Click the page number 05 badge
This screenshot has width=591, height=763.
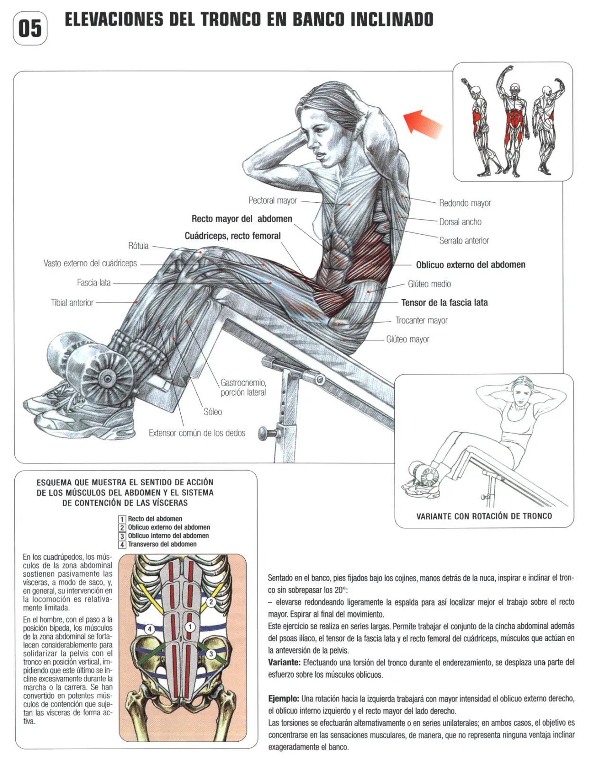pos(30,28)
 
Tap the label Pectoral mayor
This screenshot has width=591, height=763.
pos(273,200)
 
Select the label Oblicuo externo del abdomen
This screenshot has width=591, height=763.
pos(471,265)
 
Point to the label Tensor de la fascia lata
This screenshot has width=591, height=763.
pos(444,303)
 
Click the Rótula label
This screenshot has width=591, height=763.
pos(139,246)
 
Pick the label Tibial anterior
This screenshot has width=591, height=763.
pos(72,303)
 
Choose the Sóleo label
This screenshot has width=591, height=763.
pos(213,411)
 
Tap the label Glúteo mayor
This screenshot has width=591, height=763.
pos(407,339)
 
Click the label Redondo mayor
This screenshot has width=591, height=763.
pos(465,203)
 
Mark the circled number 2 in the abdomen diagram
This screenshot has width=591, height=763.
pos(211,602)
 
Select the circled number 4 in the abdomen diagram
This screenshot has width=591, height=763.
pos(150,629)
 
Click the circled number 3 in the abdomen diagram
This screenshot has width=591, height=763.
pos(211,654)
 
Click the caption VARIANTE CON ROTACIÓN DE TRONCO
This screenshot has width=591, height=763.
pos(484,516)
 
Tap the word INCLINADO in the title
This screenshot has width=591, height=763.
pos(392,19)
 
